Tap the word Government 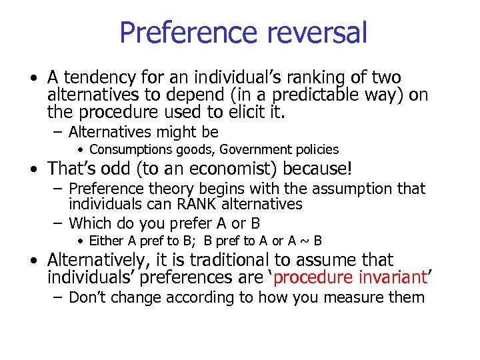tap(249, 150)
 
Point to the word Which tap(90, 223)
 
